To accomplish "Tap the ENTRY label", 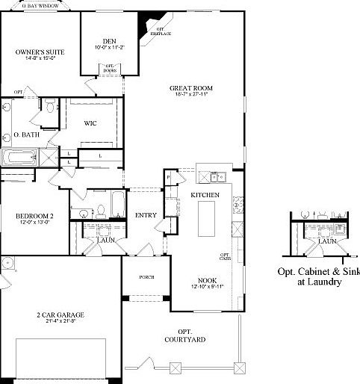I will [145, 216].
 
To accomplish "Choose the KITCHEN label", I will [205, 195].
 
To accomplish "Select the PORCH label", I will [146, 277].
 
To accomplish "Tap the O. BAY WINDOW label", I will [40, 4].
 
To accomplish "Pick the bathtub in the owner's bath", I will [19, 158].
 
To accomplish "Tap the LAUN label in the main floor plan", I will [104, 240].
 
